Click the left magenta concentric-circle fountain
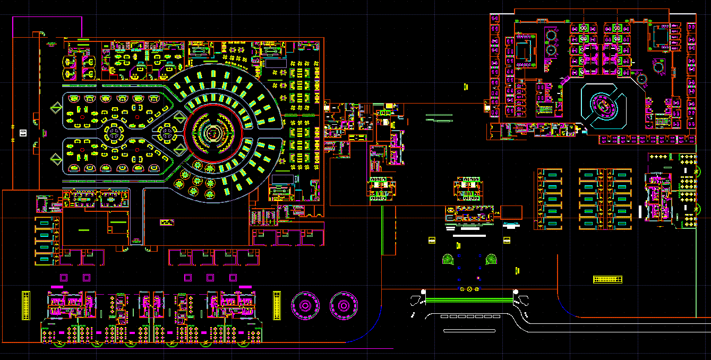point(305,306)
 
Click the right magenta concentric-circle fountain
point(344,306)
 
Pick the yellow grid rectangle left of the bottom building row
point(25,305)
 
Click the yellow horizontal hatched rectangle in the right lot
point(607,279)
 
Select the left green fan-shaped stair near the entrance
point(449,259)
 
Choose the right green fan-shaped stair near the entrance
point(492,259)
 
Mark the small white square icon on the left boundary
point(23,133)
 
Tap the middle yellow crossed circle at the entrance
point(469,289)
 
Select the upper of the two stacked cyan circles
point(551,36)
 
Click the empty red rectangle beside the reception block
point(511,213)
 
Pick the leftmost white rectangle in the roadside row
point(444,316)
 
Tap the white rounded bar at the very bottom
point(469,331)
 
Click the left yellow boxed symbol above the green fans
point(432,241)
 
